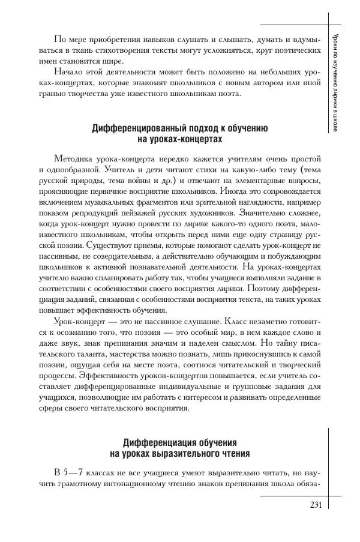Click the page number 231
(x=314, y=505)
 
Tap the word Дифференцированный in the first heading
(x=135, y=128)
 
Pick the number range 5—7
(x=77, y=473)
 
